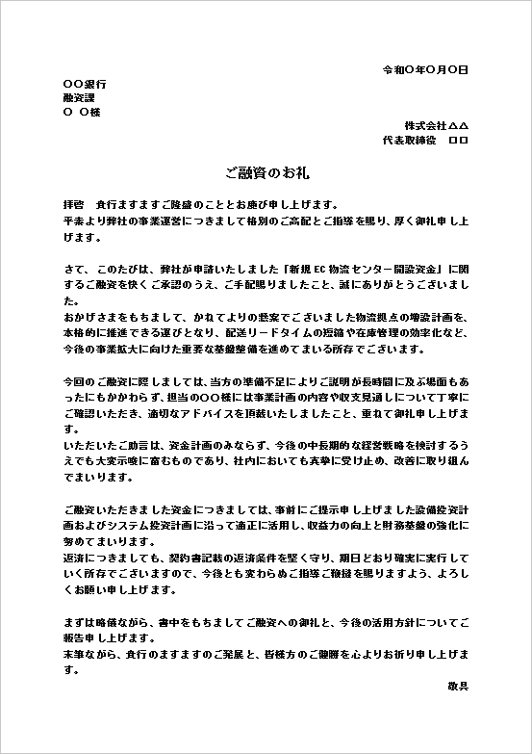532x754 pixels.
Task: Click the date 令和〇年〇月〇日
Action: pyautogui.click(x=425, y=70)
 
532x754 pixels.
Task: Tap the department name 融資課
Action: pyautogui.click(x=78, y=97)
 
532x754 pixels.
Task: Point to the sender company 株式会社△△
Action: pyautogui.click(x=436, y=126)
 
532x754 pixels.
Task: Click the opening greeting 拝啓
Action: pyautogui.click(x=73, y=205)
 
